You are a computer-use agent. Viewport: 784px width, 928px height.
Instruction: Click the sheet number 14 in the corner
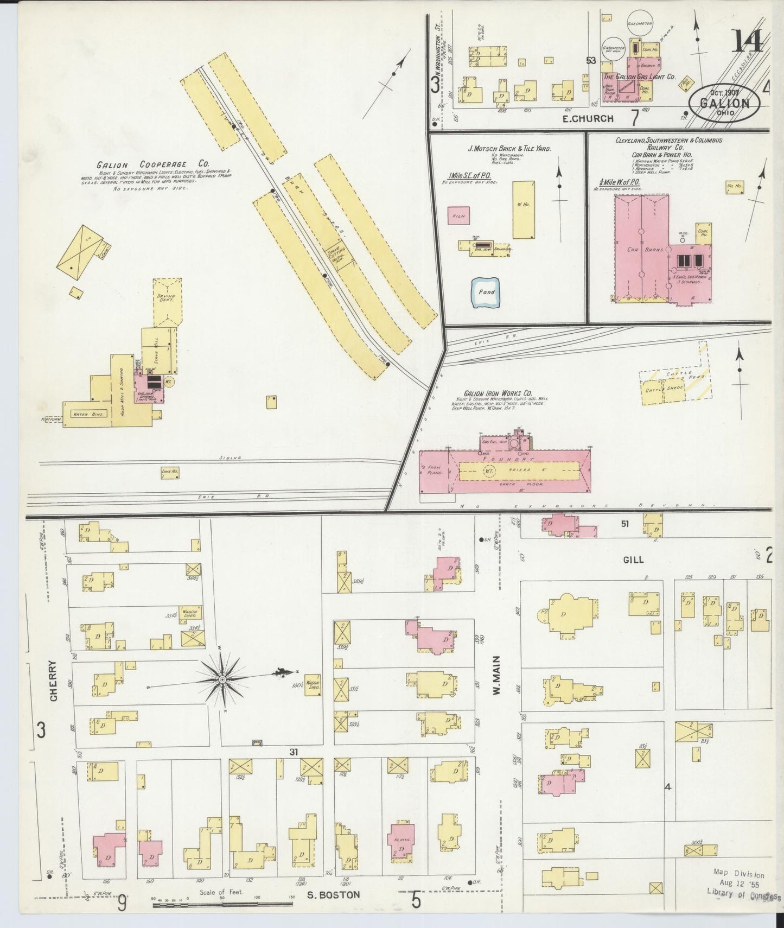(748, 41)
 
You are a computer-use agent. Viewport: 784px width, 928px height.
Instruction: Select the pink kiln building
(458, 215)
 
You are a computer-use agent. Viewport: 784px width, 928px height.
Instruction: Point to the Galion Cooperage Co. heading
(153, 164)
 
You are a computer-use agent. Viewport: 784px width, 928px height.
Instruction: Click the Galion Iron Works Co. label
(498, 393)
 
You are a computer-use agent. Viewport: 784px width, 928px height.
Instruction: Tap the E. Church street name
(588, 118)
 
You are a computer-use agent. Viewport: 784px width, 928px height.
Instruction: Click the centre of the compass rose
(222, 679)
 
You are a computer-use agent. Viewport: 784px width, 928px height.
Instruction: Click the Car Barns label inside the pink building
(641, 251)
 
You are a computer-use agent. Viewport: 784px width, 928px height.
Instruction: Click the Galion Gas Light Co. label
(640, 77)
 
